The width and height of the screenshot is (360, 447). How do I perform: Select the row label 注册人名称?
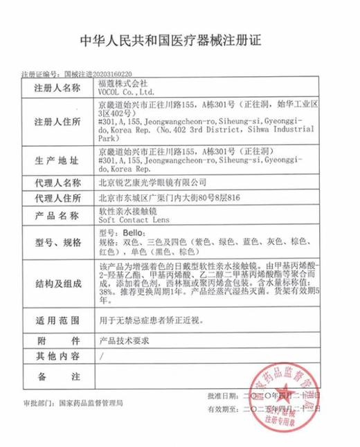(57, 89)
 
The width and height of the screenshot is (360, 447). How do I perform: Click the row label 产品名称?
(57, 215)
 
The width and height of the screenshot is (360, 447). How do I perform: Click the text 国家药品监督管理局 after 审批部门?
(91, 401)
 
